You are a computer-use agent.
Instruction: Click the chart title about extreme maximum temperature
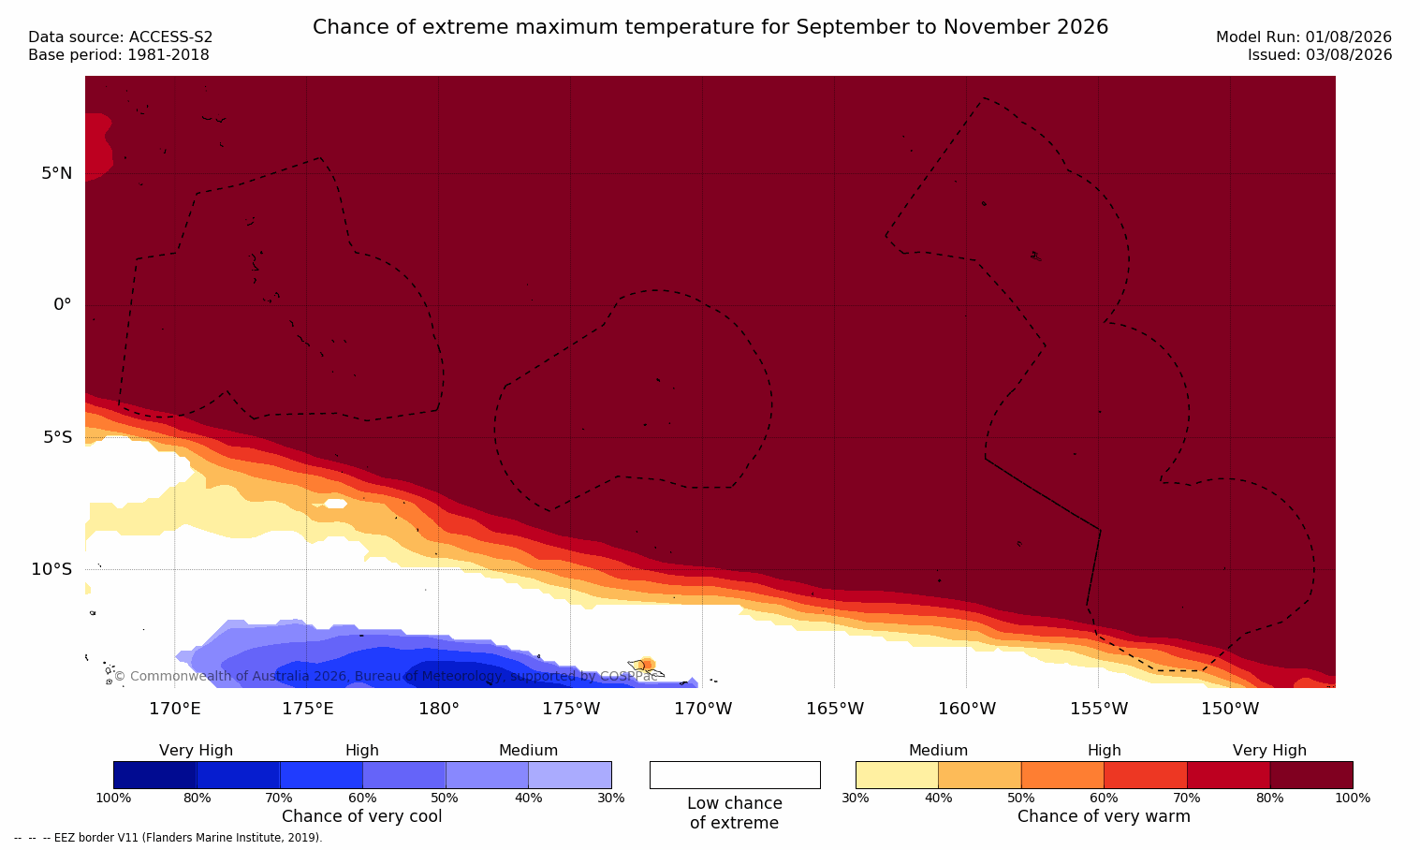[x=710, y=27]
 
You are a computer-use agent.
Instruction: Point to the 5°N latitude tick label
[x=56, y=173]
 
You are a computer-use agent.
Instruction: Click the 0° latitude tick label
[x=62, y=305]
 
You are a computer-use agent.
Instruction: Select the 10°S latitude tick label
[x=51, y=569]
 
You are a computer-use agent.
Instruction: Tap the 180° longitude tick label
[x=439, y=708]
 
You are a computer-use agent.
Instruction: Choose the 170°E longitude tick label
[x=175, y=708]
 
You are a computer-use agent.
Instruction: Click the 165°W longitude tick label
[x=835, y=708]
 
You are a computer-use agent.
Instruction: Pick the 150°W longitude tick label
[x=1231, y=708]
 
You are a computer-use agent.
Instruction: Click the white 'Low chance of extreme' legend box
[x=735, y=775]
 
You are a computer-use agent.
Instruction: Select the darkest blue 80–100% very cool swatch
[x=155, y=775]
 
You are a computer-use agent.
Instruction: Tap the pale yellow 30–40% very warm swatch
[x=897, y=775]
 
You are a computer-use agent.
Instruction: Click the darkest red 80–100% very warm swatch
[x=1311, y=775]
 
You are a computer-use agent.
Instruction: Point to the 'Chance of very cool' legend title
[x=362, y=816]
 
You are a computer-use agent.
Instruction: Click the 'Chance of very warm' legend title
[x=1104, y=816]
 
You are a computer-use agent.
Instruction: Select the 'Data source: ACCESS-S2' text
[x=121, y=37]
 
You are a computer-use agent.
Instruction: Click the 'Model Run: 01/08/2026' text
[x=1303, y=37]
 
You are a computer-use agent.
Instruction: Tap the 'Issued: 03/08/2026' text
[x=1320, y=55]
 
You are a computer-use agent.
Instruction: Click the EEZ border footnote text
[x=168, y=837]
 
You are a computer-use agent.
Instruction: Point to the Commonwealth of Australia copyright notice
[x=386, y=676]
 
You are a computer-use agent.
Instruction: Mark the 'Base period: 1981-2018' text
[x=119, y=55]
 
